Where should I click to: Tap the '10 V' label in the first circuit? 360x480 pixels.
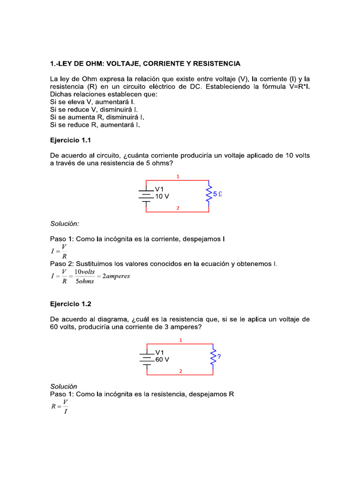pos(162,196)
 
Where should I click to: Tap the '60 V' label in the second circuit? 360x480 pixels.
pos(162,360)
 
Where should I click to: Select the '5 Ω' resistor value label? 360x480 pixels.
pos(217,194)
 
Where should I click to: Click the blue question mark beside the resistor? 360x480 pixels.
pos(219,356)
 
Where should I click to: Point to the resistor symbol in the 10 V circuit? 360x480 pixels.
pos(209,195)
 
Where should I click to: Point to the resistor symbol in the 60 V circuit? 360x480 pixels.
pos(214,357)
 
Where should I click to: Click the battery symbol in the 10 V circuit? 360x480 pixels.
pos(147,196)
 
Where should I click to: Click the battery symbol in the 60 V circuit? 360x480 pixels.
pos(148,360)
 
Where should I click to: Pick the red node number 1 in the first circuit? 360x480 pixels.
pos(178,177)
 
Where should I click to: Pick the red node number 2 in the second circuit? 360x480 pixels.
pos(180,371)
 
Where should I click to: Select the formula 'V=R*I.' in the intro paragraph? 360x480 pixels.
pos(295,87)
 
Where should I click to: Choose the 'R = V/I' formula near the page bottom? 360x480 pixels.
pos(60,406)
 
